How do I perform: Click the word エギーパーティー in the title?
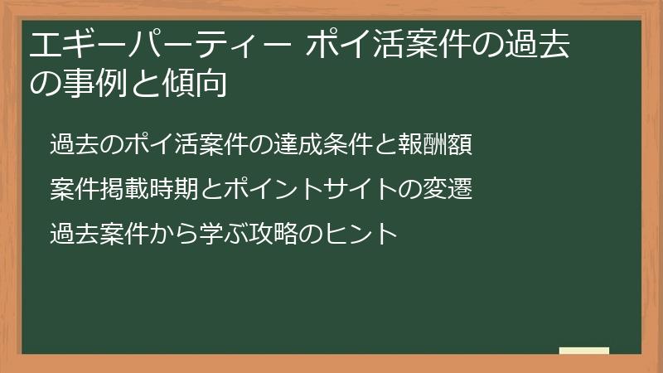[x=160, y=45]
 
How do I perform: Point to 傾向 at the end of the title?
[x=195, y=84]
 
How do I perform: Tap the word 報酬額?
[x=434, y=144]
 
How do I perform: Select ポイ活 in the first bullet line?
[x=161, y=144]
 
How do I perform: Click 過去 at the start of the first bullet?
[x=75, y=144]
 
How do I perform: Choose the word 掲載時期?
[x=149, y=189]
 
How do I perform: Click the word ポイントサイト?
[x=311, y=189]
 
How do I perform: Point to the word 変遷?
[x=448, y=189]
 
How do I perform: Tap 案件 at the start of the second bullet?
[x=75, y=189]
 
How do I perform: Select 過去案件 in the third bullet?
[x=99, y=233]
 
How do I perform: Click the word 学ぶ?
[x=224, y=233]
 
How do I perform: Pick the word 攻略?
[x=273, y=233]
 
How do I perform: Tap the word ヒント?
[x=361, y=233]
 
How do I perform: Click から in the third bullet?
[x=174, y=233]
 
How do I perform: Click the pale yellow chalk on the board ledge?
[x=584, y=351]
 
